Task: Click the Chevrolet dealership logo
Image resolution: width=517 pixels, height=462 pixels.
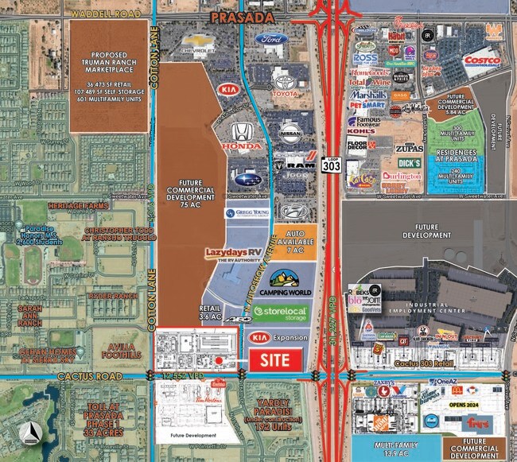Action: (x=199, y=45)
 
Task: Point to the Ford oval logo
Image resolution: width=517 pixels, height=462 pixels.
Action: (x=272, y=41)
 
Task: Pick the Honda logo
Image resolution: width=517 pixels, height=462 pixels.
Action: (x=241, y=136)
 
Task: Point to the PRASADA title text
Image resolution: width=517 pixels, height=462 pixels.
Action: (x=243, y=17)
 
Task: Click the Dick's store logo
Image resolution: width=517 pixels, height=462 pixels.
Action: (x=409, y=163)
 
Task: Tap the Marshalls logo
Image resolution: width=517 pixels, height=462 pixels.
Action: (x=367, y=94)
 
